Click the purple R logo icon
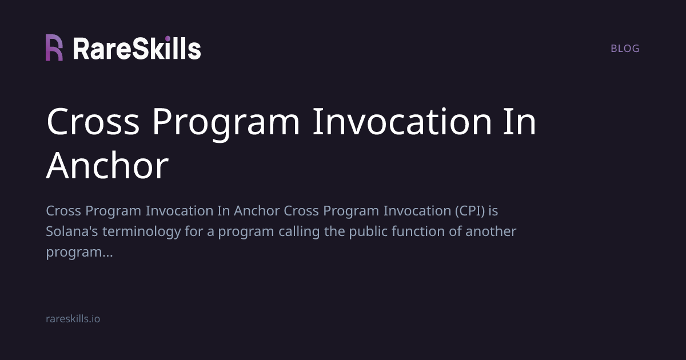point(54,48)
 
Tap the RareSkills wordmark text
point(137,49)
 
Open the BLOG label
point(625,49)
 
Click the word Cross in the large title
point(93,122)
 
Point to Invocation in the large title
point(401,122)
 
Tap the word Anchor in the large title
point(107,166)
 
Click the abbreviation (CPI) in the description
point(470,211)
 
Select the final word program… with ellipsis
point(79,252)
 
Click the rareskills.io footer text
point(73,319)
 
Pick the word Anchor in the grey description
point(257,211)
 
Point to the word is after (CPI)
point(493,211)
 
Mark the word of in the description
point(455,231)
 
